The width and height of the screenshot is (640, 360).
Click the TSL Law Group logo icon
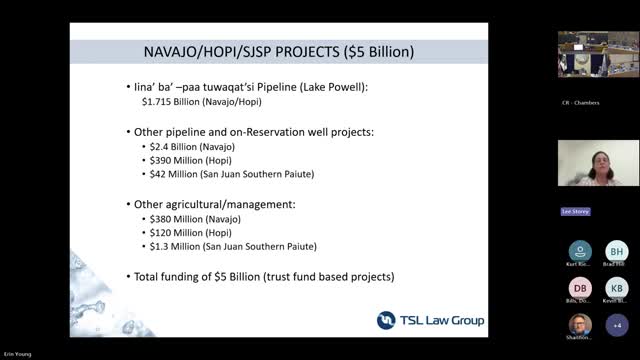point(386,320)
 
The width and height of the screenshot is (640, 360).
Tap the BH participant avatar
point(617,251)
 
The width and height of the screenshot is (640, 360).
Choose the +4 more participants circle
point(617,325)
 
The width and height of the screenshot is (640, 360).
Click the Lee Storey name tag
point(573,212)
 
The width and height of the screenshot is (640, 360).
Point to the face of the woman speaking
point(598,157)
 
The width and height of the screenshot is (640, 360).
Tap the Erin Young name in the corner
point(20,354)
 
